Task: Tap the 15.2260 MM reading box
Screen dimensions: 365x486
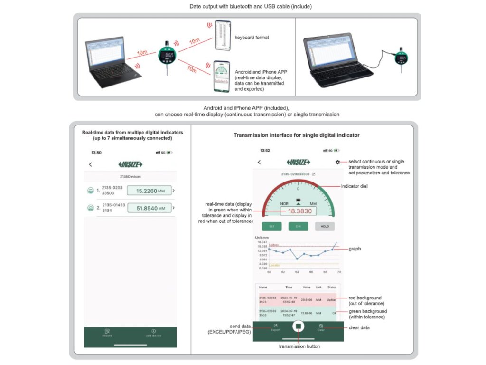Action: tap(149, 191)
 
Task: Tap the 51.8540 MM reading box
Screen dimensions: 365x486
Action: tap(149, 208)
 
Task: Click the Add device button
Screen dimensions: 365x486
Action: tap(153, 333)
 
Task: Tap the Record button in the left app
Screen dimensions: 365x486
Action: tap(107, 333)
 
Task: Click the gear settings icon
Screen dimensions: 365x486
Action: tap(337, 162)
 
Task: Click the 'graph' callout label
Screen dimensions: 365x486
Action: tap(355, 249)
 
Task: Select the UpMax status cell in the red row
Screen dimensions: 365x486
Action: tap(331, 300)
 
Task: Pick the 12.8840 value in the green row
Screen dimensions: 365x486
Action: tap(306, 313)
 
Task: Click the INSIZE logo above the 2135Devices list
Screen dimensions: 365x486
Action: tap(130, 164)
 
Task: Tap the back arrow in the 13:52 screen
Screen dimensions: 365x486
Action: tap(259, 162)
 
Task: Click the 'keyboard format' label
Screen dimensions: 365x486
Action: tap(252, 37)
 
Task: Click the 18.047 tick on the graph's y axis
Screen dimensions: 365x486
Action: tap(262, 242)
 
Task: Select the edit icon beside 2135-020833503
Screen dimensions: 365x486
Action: tap(314, 174)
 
